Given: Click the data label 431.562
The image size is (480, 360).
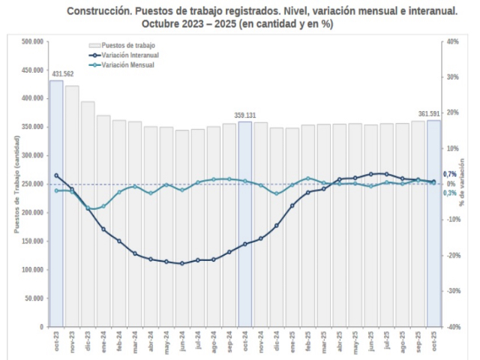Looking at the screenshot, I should [62, 73].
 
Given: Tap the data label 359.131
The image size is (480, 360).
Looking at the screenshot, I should [245, 115].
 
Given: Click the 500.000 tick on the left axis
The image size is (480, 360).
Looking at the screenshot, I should [31, 41].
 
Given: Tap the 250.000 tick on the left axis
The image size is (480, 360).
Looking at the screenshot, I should [31, 184].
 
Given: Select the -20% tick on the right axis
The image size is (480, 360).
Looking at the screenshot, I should [452, 256].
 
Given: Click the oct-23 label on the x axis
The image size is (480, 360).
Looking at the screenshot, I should [57, 342].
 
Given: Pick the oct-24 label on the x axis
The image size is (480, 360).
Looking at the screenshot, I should [245, 342].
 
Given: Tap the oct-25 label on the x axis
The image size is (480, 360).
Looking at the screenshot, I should [434, 342].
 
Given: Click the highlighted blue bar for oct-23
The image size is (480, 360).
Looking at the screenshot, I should [56, 225].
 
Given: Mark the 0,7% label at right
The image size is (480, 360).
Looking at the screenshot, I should [450, 175].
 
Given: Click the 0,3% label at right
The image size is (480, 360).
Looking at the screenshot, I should [450, 193].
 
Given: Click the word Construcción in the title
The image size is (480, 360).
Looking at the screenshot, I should [97, 12].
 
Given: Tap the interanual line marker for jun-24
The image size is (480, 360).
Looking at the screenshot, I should [182, 263].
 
